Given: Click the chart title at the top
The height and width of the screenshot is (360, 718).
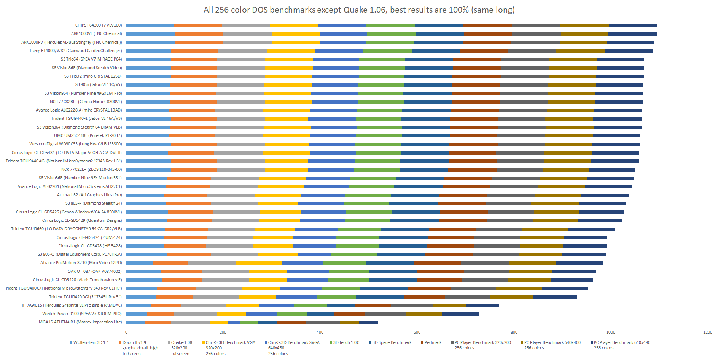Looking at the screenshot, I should click(x=359, y=10).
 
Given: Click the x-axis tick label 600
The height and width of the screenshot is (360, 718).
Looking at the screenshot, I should click(x=417, y=332).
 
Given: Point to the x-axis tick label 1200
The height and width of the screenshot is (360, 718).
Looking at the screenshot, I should click(x=707, y=332).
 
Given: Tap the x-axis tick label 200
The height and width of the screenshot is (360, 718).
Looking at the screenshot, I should click(x=223, y=332).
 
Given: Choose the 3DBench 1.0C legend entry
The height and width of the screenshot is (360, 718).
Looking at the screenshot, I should click(x=346, y=342).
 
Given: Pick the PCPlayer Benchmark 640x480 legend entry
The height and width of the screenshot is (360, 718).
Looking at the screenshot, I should click(x=622, y=342).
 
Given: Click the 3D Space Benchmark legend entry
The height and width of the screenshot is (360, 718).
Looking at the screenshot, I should click(x=392, y=342).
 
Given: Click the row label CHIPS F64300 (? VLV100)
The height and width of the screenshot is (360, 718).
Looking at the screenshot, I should click(x=99, y=25).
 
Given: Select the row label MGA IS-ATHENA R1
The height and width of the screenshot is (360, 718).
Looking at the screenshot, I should click(x=80, y=322).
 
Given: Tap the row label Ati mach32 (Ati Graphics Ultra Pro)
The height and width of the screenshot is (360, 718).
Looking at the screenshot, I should click(x=89, y=195).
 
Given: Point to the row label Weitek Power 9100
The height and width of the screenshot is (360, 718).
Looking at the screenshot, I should click(x=82, y=314).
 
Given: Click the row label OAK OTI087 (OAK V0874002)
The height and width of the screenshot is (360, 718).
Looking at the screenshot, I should click(x=95, y=271).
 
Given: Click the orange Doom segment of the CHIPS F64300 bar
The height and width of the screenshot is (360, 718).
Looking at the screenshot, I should click(x=197, y=25).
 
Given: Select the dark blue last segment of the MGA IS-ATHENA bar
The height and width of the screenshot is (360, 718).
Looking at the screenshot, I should click(x=368, y=322).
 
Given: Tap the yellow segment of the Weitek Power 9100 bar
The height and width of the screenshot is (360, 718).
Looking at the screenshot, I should click(x=231, y=314).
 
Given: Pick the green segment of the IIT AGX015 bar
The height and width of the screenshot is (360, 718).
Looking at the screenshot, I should click(x=310, y=305).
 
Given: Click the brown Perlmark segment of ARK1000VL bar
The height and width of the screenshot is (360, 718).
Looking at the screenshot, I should click(x=488, y=34).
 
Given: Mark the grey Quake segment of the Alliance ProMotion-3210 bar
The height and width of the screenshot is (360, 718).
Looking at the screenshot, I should click(x=212, y=263).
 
